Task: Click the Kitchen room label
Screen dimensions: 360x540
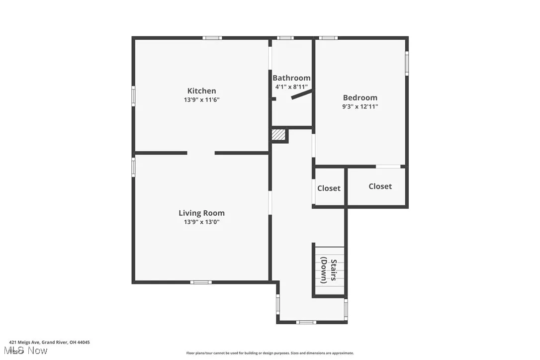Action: [201, 90]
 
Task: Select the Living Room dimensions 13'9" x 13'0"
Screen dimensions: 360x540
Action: [201, 222]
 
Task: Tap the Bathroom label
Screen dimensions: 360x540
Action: [291, 78]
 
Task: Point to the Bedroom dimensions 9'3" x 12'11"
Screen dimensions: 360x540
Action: [360, 106]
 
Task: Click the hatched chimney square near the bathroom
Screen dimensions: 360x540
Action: [279, 135]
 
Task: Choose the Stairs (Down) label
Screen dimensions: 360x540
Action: [329, 271]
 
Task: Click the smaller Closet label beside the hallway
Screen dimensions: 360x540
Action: [329, 188]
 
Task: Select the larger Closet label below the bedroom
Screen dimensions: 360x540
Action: [380, 186]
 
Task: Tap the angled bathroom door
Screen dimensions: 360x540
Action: [302, 94]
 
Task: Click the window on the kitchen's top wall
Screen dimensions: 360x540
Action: [212, 38]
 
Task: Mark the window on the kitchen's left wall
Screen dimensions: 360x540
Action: [133, 95]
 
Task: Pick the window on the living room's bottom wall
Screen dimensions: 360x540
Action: [201, 282]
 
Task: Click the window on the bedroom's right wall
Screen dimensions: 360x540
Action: [407, 64]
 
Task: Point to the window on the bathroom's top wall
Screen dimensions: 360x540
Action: [285, 38]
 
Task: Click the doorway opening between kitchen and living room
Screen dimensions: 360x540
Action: [201, 153]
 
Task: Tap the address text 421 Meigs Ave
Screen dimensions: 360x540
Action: [49, 342]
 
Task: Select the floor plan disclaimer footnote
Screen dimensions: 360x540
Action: [270, 353]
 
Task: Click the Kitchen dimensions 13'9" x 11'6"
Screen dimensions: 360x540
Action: [201, 99]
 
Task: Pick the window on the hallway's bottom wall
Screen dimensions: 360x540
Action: [306, 322]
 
